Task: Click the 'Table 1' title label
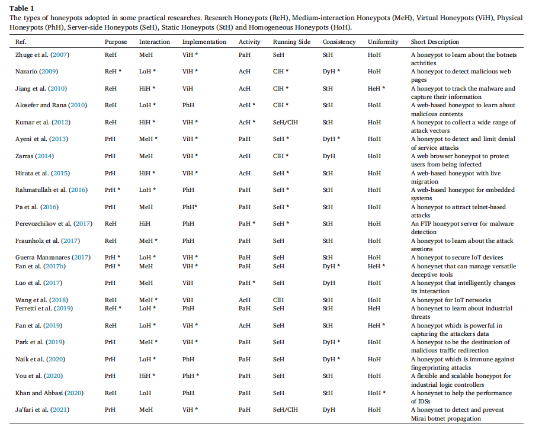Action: [21, 8]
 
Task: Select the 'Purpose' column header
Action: [116, 42]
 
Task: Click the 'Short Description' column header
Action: [435, 42]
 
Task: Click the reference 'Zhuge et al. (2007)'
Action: [41, 55]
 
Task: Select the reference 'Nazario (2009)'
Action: [36, 72]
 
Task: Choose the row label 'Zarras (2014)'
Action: [34, 156]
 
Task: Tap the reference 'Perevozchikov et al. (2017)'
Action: [51, 224]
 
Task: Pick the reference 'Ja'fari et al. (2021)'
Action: [40, 410]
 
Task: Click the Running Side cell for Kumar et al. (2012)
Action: [286, 123]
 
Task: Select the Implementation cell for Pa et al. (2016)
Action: [190, 207]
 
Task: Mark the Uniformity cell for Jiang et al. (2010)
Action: [376, 89]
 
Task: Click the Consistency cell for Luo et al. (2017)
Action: [329, 283]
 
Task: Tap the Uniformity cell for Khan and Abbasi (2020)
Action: [376, 393]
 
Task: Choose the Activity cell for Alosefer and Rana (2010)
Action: [247, 105]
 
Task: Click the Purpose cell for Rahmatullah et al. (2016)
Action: [113, 190]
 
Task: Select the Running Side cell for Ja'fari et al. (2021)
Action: [286, 410]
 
